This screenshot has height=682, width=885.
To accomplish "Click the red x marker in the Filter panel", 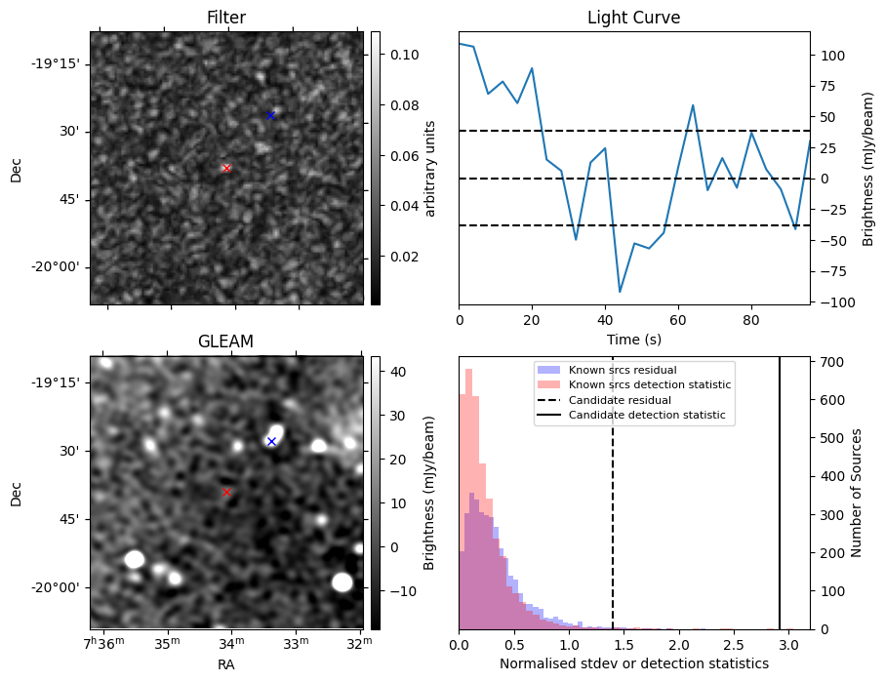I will pyautogui.click(x=226, y=168).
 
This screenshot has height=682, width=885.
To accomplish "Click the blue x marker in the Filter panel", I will pyautogui.click(x=271, y=115).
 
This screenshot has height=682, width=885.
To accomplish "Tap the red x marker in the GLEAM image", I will pyautogui.click(x=226, y=492).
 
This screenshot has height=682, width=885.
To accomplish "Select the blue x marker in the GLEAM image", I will pyautogui.click(x=271, y=441).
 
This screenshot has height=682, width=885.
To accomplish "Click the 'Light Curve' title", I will pyautogui.click(x=633, y=18).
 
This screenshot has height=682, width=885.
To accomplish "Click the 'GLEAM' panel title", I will pyautogui.click(x=225, y=341).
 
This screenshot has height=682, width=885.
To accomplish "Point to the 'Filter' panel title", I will pyautogui.click(x=225, y=18).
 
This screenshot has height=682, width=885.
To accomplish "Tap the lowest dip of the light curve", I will pyautogui.click(x=620, y=292).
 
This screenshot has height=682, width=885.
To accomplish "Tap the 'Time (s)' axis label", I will pyautogui.click(x=633, y=339).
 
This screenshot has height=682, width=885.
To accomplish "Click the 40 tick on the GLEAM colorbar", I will pyautogui.click(x=391, y=371).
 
